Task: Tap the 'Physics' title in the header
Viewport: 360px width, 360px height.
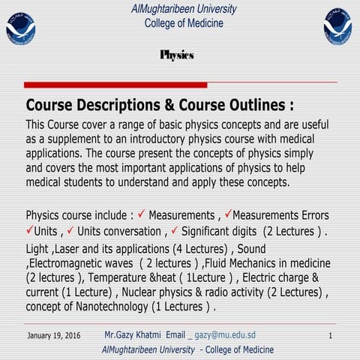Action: click(x=177, y=55)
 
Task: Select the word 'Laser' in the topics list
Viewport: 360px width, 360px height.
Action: click(x=71, y=248)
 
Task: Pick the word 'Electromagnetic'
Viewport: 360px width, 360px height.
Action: click(x=72, y=263)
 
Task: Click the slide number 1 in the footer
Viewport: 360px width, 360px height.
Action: click(x=330, y=336)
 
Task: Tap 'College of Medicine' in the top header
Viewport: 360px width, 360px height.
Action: click(x=183, y=23)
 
